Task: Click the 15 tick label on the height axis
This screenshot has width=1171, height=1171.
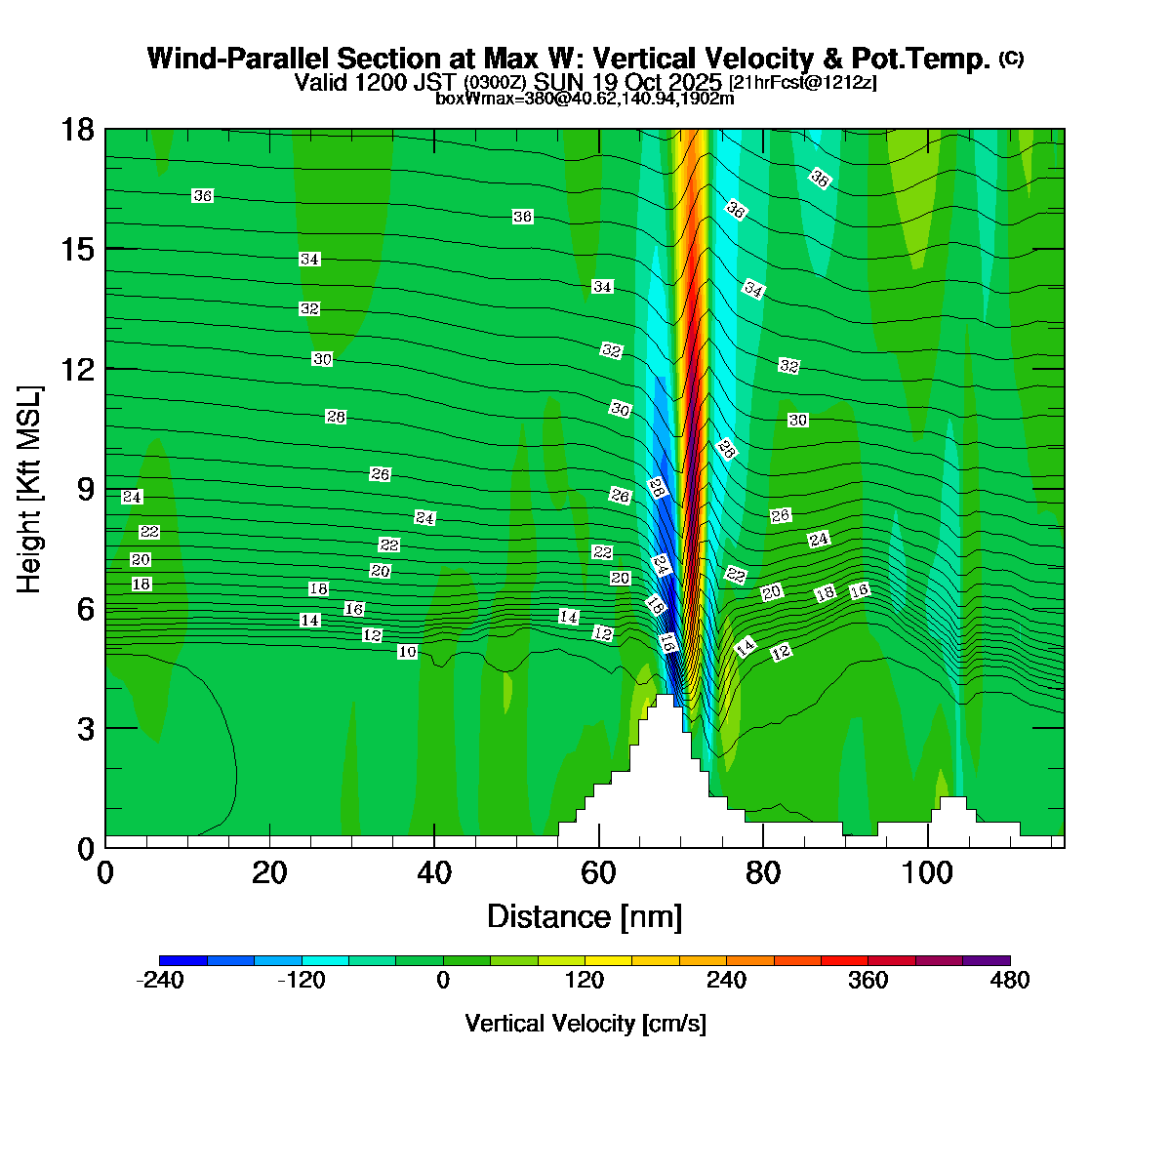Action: [x=77, y=250]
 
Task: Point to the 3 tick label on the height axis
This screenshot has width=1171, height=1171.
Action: [x=85, y=729]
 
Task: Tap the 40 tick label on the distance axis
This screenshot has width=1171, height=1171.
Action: [x=434, y=871]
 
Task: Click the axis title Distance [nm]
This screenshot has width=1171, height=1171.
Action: [x=584, y=916]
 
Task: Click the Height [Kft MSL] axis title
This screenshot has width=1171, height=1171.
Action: [x=30, y=489]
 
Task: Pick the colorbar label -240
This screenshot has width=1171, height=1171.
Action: [x=159, y=981]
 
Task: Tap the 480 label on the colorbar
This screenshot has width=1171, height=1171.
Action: [x=1010, y=981]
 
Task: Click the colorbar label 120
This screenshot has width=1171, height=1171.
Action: [x=585, y=981]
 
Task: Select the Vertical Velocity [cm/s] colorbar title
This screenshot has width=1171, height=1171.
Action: [x=585, y=1024]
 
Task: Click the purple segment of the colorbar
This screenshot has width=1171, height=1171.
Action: [x=987, y=960]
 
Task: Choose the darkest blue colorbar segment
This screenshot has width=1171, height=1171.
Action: [x=182, y=960]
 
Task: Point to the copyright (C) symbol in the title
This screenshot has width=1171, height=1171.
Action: [x=1011, y=59]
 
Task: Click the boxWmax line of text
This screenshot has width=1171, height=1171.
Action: [x=585, y=98]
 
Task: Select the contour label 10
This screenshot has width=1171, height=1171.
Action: [x=408, y=652]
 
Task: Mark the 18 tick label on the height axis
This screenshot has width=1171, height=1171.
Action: [x=77, y=130]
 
